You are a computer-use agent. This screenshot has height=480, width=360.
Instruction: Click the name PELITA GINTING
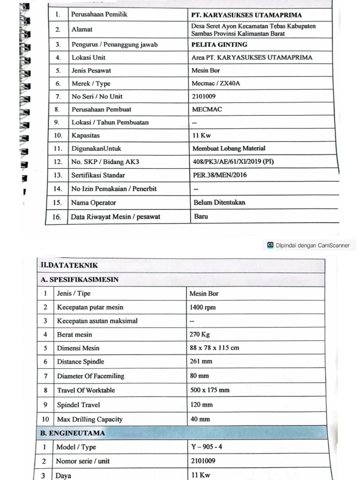[x=219, y=45]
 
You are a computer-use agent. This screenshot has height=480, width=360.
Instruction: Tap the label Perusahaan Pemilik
[x=99, y=15]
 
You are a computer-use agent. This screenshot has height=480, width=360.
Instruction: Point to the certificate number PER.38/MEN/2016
[x=219, y=175]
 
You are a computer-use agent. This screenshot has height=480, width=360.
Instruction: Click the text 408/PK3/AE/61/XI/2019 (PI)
[x=233, y=162]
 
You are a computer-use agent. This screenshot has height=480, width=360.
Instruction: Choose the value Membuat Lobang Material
[x=229, y=149]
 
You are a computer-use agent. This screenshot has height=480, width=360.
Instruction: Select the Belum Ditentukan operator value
[x=219, y=202]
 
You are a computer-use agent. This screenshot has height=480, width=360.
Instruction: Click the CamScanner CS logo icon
[x=270, y=245]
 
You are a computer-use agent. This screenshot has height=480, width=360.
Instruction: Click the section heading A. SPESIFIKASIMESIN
[x=80, y=279]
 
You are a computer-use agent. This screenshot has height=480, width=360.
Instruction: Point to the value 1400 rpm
[x=202, y=307]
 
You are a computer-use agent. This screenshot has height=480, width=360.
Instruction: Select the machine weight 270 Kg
[x=200, y=335]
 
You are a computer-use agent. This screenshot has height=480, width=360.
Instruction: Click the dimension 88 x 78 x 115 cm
[x=214, y=348]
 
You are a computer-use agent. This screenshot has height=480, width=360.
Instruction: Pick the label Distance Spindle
[x=81, y=362]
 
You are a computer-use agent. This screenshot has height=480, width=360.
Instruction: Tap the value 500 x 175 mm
[x=210, y=390]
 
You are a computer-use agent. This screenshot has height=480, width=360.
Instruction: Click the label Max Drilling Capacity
[x=90, y=419]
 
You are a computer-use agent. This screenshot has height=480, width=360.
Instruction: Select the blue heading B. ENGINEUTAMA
[x=73, y=433]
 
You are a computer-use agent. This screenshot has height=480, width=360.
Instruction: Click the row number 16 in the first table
[x=57, y=217]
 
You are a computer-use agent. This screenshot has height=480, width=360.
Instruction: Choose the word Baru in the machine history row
[x=201, y=217]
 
